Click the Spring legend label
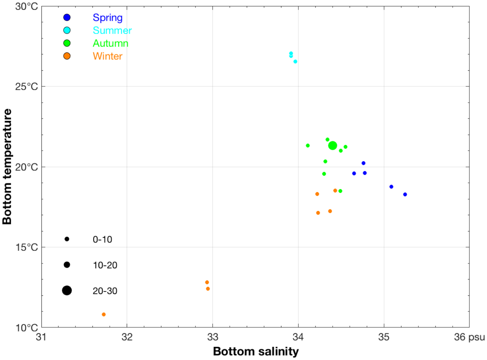click(x=107, y=18)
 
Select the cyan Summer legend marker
click(x=67, y=30)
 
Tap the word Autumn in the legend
click(x=110, y=44)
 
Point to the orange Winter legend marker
click(x=67, y=56)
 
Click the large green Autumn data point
click(x=332, y=145)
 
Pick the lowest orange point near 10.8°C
click(x=104, y=314)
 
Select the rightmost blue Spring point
click(x=405, y=194)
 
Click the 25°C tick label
click(x=27, y=87)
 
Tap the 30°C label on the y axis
click(x=27, y=6)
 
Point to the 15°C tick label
click(x=27, y=247)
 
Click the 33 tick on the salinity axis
click(x=213, y=337)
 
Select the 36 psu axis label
click(x=469, y=337)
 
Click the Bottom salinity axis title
click(x=256, y=352)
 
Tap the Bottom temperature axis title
click(x=7, y=167)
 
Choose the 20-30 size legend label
click(x=105, y=291)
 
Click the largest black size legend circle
click(x=67, y=291)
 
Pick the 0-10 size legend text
click(x=102, y=240)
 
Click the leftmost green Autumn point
click(x=308, y=145)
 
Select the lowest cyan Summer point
click(x=295, y=62)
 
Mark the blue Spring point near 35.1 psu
click(x=391, y=187)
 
